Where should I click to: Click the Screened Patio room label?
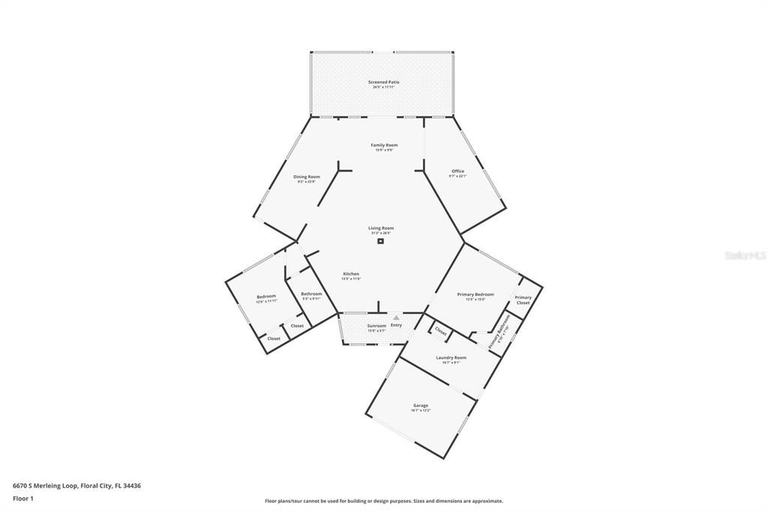click(383, 82)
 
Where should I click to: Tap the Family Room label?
click(384, 145)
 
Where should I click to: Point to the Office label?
click(457, 171)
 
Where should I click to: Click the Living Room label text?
click(381, 228)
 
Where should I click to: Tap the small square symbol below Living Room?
click(381, 241)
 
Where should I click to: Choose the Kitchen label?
click(351, 273)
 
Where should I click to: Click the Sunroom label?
click(376, 325)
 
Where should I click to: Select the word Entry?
click(396, 324)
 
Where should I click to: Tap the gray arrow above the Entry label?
click(396, 318)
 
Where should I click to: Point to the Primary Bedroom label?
click(475, 294)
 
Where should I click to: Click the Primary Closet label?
click(523, 300)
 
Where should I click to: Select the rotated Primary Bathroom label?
click(499, 331)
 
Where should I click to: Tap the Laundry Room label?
click(451, 357)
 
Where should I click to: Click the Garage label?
click(421, 405)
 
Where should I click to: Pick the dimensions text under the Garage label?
click(421, 411)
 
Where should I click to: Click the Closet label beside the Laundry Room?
click(440, 331)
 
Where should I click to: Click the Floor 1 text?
click(23, 498)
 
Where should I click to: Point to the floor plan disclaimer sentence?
click(383, 501)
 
